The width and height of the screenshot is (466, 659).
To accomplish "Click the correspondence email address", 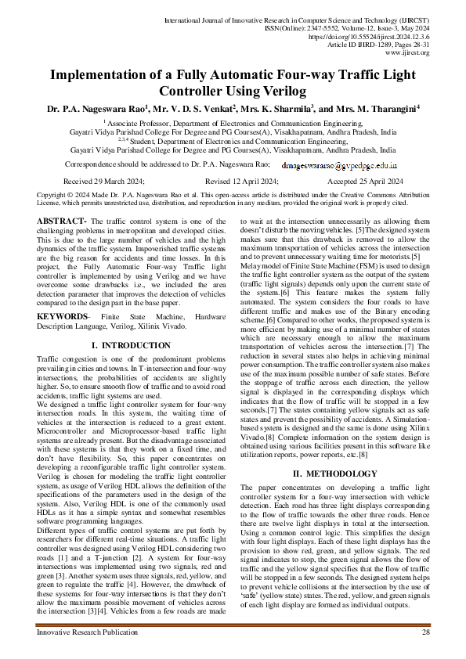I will (x=339, y=166).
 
